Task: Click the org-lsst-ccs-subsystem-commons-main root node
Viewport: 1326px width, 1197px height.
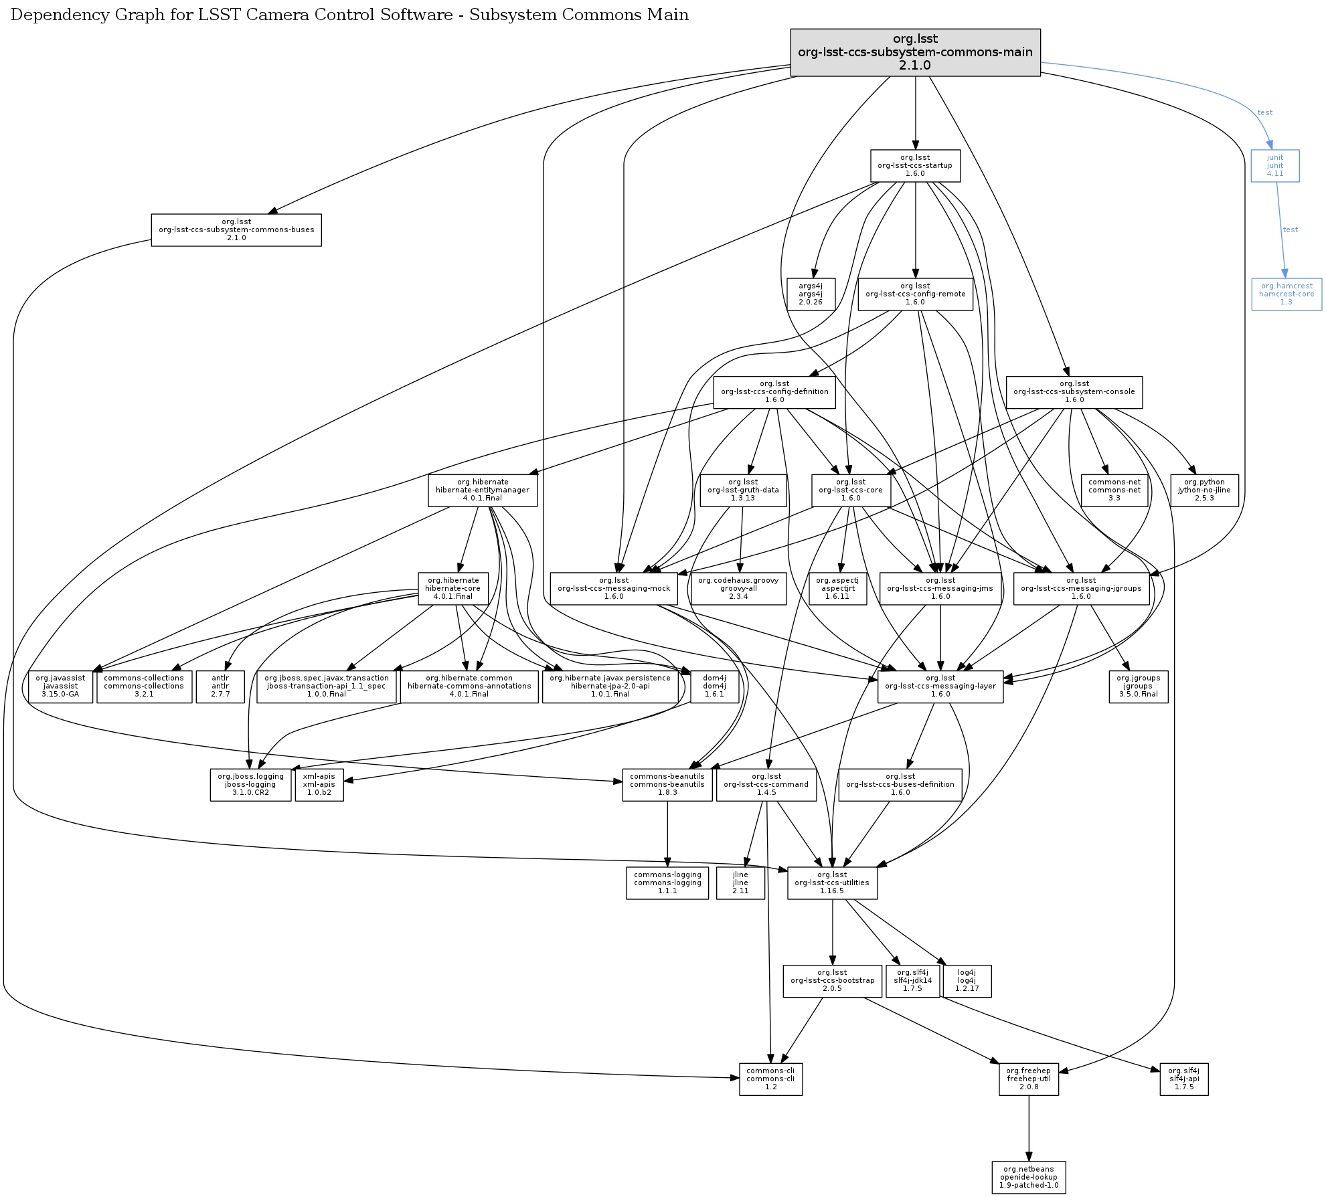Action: coord(915,52)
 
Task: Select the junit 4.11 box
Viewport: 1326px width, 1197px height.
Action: coord(1274,165)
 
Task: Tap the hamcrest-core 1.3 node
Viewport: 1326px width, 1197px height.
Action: coord(1286,294)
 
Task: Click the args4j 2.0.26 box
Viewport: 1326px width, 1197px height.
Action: coord(811,294)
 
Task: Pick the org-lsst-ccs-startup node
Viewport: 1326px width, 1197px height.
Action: coord(915,165)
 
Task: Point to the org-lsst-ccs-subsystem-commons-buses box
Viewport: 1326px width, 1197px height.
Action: coord(236,229)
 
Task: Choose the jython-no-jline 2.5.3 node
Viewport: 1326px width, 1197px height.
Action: coord(1204,490)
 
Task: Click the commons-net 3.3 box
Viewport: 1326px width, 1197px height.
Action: coord(1114,490)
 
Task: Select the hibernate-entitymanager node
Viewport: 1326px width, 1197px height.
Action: coord(483,490)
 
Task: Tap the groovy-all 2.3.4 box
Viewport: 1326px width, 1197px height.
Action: coord(738,588)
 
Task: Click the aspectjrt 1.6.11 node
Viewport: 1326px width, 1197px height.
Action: coord(837,588)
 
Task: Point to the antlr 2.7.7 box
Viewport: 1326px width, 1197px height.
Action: coord(220,686)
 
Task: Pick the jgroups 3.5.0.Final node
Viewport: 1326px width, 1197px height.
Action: coord(1139,686)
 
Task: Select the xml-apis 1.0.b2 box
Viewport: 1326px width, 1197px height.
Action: coord(319,784)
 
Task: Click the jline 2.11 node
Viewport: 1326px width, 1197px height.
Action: coord(740,883)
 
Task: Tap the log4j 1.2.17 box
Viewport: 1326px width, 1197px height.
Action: coord(967,980)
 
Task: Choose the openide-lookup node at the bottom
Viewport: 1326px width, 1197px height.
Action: coord(1029,1177)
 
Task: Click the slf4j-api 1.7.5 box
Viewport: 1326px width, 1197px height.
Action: coord(1184,1079)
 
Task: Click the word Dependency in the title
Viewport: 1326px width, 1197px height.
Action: coord(54,15)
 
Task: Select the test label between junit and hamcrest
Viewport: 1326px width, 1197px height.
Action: coord(1290,229)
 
